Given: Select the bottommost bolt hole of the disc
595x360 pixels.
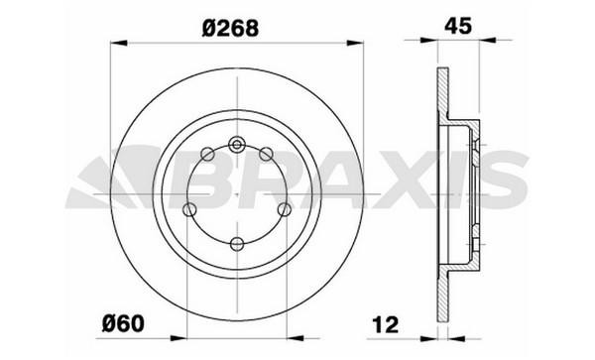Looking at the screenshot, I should coord(236,243).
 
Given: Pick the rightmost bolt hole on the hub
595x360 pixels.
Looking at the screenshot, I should coord(285,209).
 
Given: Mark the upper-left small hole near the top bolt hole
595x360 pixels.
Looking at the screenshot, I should coord(207,154).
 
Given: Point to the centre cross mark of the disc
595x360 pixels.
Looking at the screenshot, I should coord(236,194).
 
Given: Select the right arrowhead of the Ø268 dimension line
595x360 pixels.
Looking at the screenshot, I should coord(357,43).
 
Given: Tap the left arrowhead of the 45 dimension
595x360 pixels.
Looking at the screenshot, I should coord(440,43).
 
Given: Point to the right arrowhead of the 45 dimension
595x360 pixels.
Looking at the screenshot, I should coord(485,43).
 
